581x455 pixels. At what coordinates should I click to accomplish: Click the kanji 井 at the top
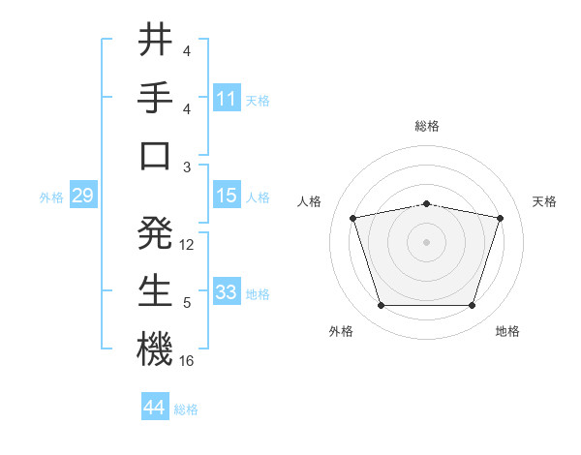(x=155, y=41)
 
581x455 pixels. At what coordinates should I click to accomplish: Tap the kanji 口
(x=155, y=155)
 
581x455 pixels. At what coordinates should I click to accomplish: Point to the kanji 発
(x=155, y=232)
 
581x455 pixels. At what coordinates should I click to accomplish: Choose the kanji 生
(x=155, y=290)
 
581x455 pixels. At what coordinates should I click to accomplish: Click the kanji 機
(x=155, y=349)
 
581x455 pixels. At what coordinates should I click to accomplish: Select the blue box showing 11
(x=227, y=98)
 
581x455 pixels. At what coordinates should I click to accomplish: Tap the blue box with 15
(x=227, y=196)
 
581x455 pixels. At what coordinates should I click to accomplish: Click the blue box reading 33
(x=227, y=292)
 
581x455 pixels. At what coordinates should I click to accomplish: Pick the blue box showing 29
(x=82, y=197)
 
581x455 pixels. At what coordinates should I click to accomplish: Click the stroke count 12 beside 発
(x=188, y=245)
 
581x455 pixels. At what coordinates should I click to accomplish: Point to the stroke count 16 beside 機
(x=188, y=361)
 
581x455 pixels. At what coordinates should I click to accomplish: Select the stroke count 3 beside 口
(x=187, y=167)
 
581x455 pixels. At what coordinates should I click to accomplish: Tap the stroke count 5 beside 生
(x=187, y=303)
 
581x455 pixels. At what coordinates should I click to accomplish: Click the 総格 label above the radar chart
(x=427, y=126)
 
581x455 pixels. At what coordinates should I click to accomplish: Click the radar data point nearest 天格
(x=500, y=219)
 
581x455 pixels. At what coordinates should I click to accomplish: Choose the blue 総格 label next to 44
(x=186, y=409)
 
